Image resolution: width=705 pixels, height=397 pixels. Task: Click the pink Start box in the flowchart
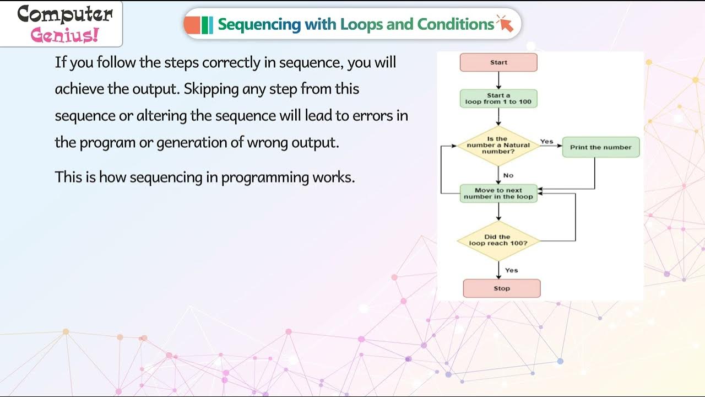pyautogui.click(x=498, y=63)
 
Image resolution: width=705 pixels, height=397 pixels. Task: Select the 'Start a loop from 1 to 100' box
pyautogui.click(x=498, y=99)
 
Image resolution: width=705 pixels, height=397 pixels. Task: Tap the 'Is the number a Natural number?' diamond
pyautogui.click(x=498, y=146)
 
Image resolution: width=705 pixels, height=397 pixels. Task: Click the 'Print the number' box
pyautogui.click(x=600, y=148)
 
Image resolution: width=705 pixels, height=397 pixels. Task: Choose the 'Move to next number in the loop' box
pyautogui.click(x=498, y=194)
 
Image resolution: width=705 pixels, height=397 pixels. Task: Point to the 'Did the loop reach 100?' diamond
pyautogui.click(x=498, y=240)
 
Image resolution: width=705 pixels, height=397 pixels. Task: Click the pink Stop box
pyautogui.click(x=502, y=288)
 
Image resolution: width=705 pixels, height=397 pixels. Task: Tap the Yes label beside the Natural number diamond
pyautogui.click(x=546, y=142)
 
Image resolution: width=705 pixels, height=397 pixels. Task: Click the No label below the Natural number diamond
pyautogui.click(x=508, y=175)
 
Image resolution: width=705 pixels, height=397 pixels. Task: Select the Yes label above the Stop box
pyautogui.click(x=512, y=270)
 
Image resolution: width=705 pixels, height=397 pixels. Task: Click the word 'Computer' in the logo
pyautogui.click(x=65, y=14)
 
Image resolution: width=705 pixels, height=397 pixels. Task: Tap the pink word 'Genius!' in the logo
pyautogui.click(x=65, y=35)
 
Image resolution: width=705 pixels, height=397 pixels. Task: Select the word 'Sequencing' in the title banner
pyautogui.click(x=259, y=24)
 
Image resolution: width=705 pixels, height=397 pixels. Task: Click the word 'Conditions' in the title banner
pyautogui.click(x=455, y=24)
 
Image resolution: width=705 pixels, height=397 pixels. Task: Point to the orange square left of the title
pyautogui.click(x=192, y=25)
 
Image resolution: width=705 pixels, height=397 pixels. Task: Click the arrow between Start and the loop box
pyautogui.click(x=498, y=81)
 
